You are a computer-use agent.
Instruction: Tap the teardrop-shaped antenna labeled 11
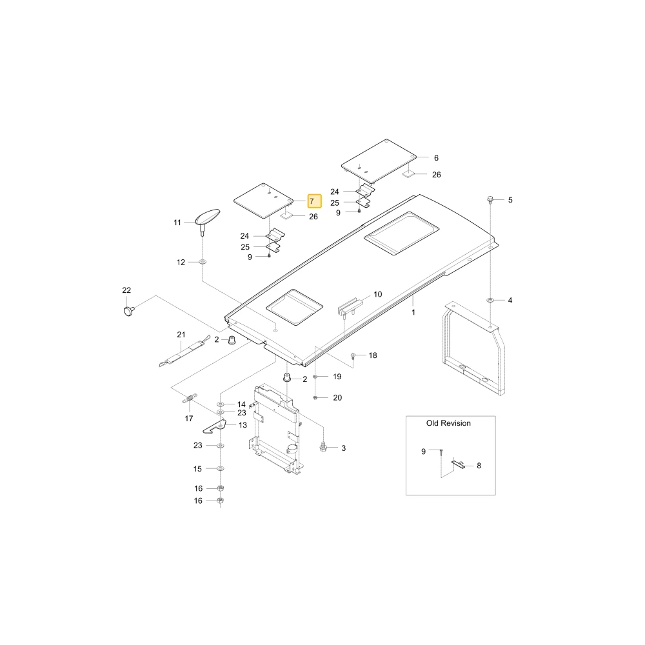click(208, 219)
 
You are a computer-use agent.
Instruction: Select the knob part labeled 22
click(129, 311)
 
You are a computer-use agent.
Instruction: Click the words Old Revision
click(448, 423)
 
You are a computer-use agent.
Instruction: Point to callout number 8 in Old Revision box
click(479, 466)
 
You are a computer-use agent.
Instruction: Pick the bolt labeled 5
click(490, 200)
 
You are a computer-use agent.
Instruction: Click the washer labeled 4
click(490, 301)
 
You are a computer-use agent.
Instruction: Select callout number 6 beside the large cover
click(436, 157)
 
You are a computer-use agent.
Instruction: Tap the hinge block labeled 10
click(350, 306)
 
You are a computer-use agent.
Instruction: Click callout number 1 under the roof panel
click(413, 312)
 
